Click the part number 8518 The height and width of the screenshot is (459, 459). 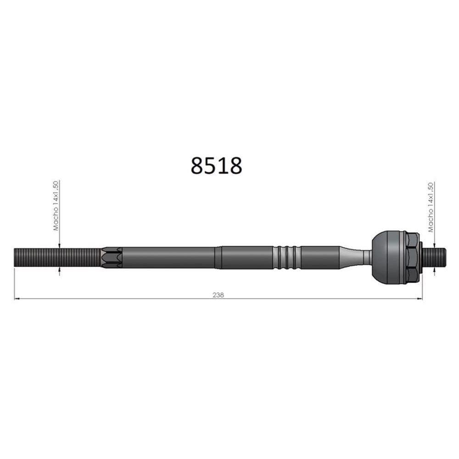click(x=216, y=166)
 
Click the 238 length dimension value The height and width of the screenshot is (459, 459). click(x=218, y=295)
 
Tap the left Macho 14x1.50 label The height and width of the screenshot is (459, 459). click(x=56, y=206)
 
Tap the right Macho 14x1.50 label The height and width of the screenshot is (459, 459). click(x=431, y=207)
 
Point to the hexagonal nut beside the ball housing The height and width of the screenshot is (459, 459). click(x=412, y=257)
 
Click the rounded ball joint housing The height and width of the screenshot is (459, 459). click(x=388, y=257)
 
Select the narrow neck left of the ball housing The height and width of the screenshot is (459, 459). click(x=365, y=257)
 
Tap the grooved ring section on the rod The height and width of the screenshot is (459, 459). click(x=287, y=257)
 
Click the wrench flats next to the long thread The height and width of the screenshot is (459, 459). click(x=112, y=257)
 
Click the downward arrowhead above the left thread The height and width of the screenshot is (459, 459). click(x=59, y=245)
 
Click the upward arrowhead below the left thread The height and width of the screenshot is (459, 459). click(x=59, y=270)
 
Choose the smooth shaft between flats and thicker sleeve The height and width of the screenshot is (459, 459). click(x=170, y=257)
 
